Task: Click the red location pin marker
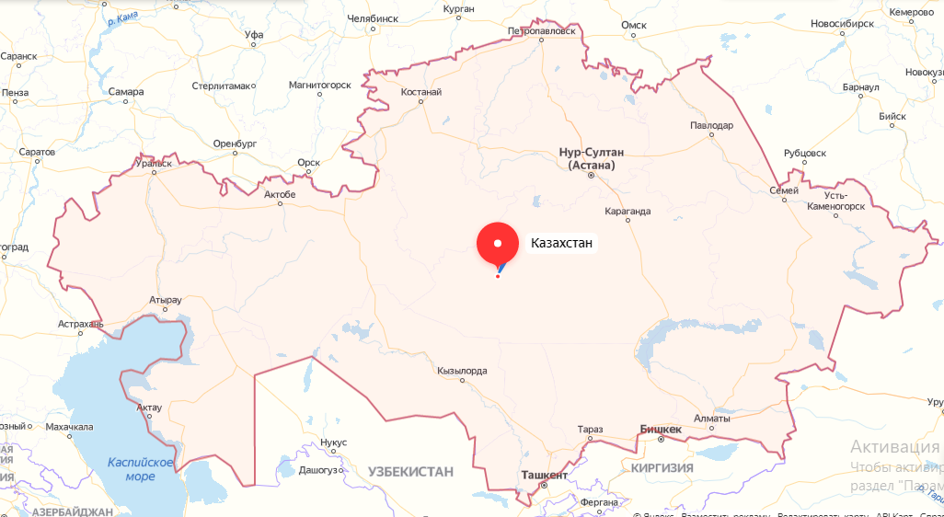(x=498, y=244)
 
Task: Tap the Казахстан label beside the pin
(x=561, y=244)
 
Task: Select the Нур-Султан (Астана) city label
(x=592, y=158)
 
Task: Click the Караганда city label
(x=628, y=212)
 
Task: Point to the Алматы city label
(x=711, y=419)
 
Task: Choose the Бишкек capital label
(x=661, y=430)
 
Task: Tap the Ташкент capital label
(x=545, y=474)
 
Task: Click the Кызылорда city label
(x=463, y=371)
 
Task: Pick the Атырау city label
(x=166, y=300)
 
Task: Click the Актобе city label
(x=280, y=194)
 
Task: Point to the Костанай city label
(x=421, y=92)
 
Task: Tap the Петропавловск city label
(x=541, y=30)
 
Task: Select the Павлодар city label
(x=712, y=124)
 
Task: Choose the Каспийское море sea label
(x=140, y=470)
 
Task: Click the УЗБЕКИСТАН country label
(x=411, y=471)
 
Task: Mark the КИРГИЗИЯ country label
(x=662, y=467)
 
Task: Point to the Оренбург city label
(x=234, y=144)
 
